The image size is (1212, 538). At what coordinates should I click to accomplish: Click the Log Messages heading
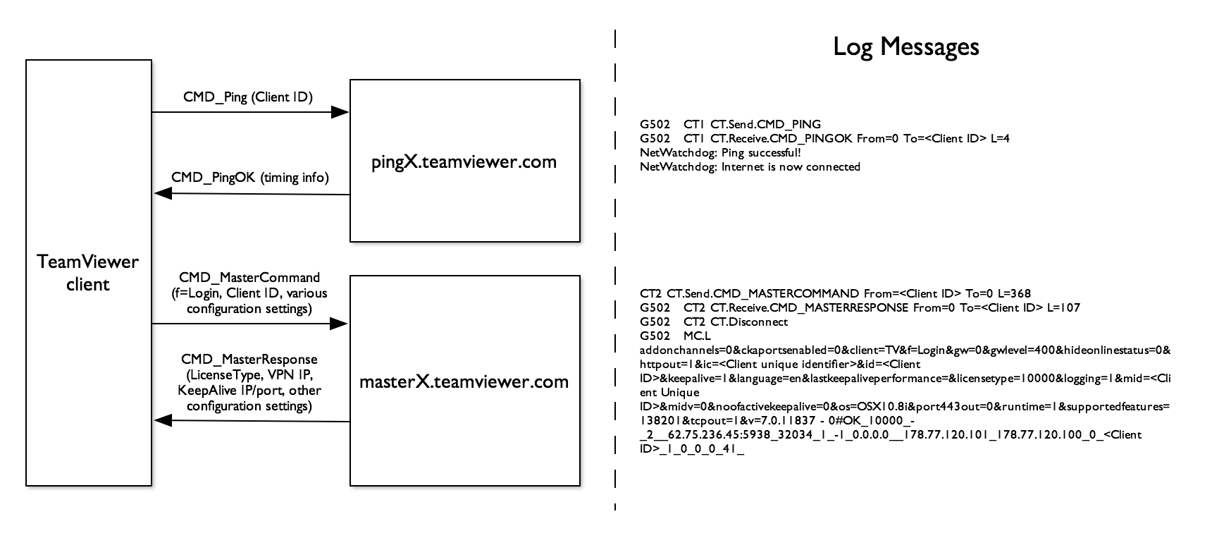[x=906, y=47]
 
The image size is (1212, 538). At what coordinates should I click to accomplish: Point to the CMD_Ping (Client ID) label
[x=248, y=97]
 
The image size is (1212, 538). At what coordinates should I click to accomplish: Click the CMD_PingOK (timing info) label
[x=250, y=178]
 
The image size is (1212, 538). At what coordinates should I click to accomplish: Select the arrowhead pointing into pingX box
[x=341, y=112]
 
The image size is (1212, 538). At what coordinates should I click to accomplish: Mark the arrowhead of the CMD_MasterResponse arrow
[x=162, y=420]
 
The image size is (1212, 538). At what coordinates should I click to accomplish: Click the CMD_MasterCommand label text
[x=249, y=278]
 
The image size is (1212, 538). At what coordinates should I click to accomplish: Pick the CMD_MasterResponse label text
[x=249, y=360]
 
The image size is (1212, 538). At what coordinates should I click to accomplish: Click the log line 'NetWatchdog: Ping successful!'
[x=720, y=152]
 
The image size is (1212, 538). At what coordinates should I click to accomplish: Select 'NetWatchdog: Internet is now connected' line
[x=750, y=167]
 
